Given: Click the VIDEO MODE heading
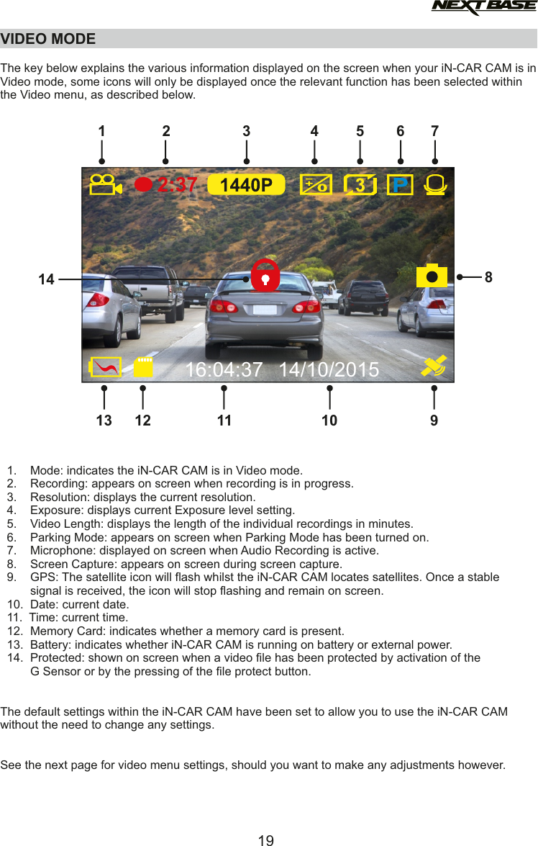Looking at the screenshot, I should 48,39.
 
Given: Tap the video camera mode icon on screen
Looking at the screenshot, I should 105,185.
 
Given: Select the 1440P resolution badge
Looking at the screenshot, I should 246,185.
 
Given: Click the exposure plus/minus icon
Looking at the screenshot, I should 316,185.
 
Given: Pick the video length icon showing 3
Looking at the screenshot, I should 360,185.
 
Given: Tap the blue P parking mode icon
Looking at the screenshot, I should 400,185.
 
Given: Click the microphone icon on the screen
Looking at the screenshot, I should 435,185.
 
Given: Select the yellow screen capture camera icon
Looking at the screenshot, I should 432,276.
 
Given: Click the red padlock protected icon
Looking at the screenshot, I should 265,275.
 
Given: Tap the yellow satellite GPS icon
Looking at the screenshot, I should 434,366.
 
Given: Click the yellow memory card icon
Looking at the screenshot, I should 144,366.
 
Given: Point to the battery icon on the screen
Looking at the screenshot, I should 105,367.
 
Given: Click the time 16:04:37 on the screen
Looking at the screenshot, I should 224,369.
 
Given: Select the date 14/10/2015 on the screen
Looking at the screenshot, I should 329,369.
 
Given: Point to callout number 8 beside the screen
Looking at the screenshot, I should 488,276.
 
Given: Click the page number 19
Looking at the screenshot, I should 266,840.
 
